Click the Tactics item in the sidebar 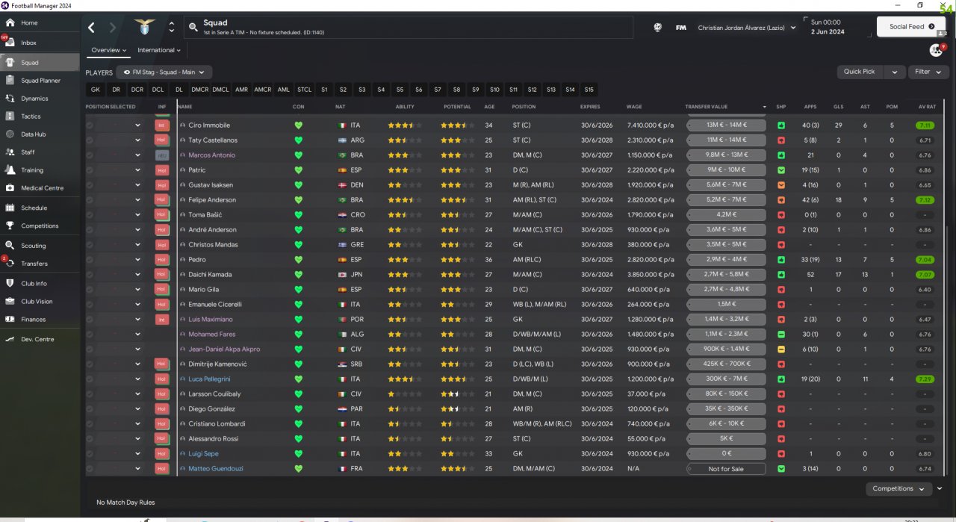[31, 116]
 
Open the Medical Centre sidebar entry [42, 188]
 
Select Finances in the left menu [33, 319]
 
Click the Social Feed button [911, 27]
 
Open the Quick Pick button [860, 72]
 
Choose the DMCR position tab [199, 90]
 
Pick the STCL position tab [304, 90]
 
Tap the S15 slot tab [589, 90]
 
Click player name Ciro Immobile [209, 125]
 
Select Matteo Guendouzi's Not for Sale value [726, 469]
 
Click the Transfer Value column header [706, 107]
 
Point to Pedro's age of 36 [488, 260]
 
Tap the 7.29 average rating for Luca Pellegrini [925, 379]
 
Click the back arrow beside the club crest [91, 28]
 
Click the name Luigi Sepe [203, 454]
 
